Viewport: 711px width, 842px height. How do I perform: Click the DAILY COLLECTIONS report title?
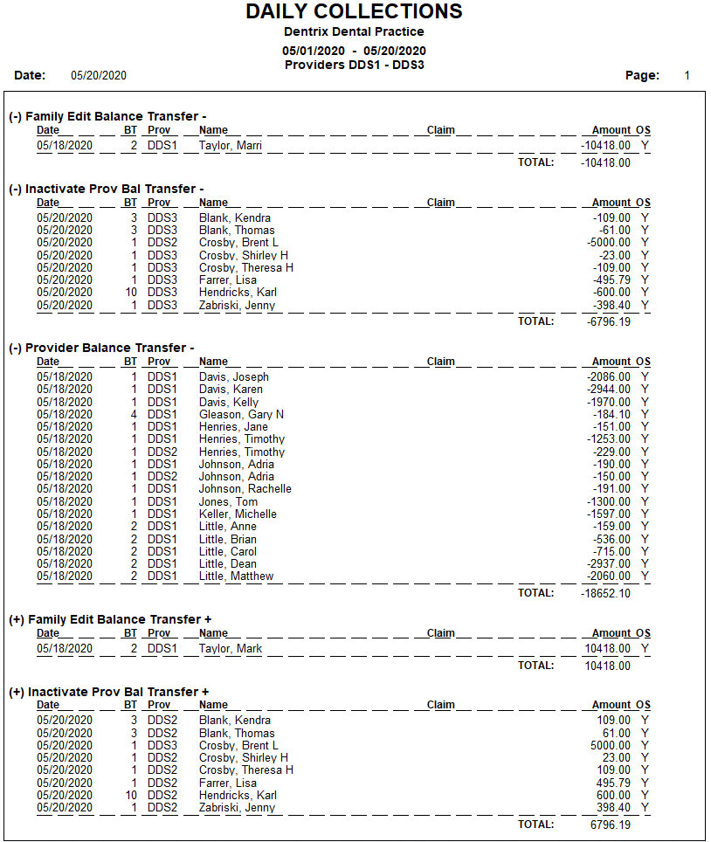point(354,11)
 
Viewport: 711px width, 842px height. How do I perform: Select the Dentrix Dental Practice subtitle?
point(354,32)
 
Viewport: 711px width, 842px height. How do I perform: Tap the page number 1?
point(687,76)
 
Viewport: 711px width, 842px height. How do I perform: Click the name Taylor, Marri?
point(230,146)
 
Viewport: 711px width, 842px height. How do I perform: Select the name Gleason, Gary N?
point(241,415)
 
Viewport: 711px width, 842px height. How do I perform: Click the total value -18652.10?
point(605,593)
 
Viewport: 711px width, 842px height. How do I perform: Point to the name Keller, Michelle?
point(238,514)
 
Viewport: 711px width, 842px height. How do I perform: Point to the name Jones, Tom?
point(227,502)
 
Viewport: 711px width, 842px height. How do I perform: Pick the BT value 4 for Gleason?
point(134,415)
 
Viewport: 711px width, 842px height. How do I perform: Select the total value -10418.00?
point(605,162)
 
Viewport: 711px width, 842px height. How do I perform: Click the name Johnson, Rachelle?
point(245,489)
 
